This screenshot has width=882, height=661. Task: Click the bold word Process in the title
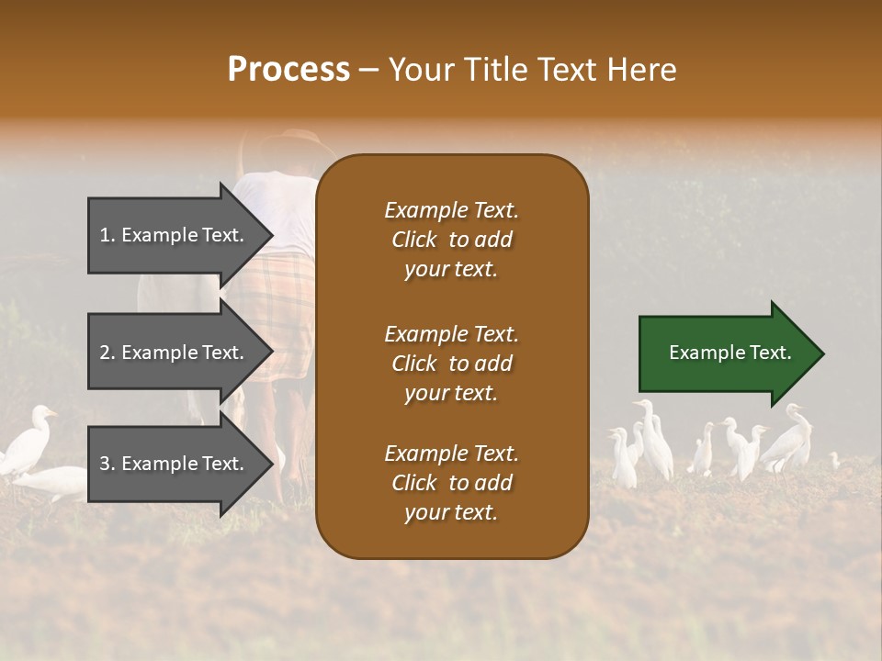(288, 69)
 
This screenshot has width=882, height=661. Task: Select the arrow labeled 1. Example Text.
(175, 235)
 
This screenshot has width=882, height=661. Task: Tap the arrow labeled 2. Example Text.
(175, 353)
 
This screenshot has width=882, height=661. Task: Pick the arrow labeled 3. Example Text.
(175, 464)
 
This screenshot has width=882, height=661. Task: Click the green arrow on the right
(726, 353)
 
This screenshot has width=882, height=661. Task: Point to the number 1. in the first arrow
(107, 235)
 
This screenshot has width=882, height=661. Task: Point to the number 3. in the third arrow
(107, 464)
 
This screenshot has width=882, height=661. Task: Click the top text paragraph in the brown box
(451, 240)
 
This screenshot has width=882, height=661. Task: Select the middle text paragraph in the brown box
(451, 364)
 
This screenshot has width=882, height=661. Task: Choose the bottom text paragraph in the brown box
(451, 483)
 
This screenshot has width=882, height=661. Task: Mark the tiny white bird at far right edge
(834, 459)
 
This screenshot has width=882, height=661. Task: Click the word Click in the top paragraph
(414, 240)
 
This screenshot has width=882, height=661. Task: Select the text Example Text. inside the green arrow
(729, 353)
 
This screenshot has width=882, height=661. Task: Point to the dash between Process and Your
(368, 70)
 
